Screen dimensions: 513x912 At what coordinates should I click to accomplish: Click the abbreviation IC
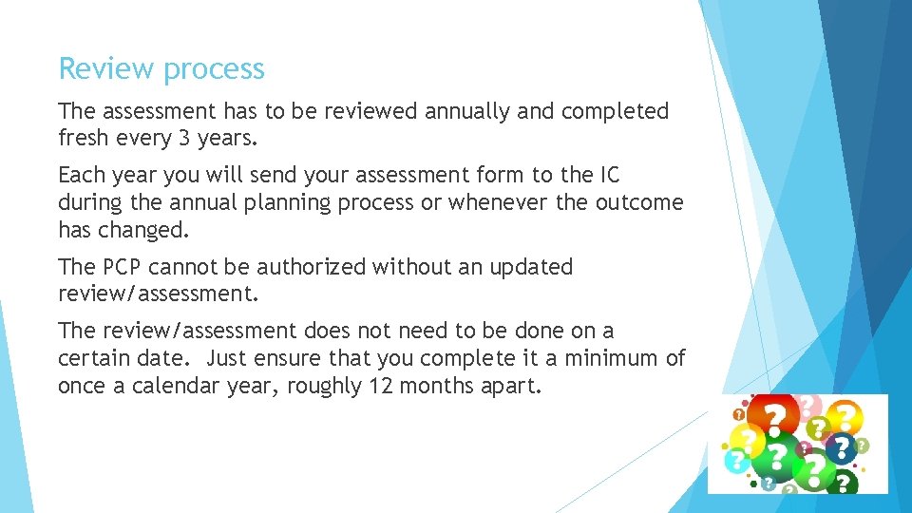click(609, 175)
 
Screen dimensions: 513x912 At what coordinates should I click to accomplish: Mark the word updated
click(531, 267)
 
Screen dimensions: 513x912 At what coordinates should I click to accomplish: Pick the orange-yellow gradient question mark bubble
click(844, 416)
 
